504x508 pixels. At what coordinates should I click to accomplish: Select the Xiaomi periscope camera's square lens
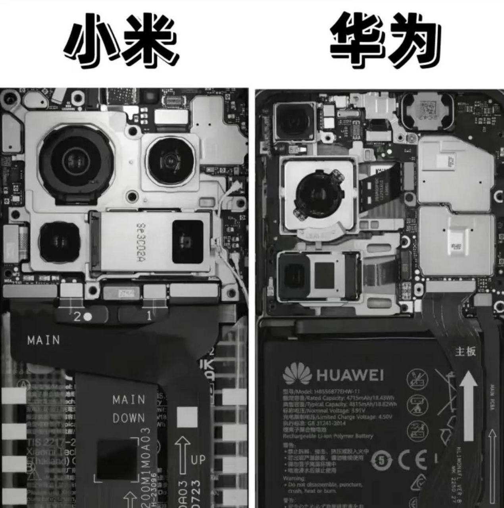click(188, 242)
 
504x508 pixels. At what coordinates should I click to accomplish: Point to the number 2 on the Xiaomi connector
click(77, 316)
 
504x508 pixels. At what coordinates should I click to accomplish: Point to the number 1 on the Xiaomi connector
click(149, 316)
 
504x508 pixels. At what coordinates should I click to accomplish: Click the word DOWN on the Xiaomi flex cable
click(129, 418)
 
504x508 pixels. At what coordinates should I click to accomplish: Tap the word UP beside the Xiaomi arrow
click(198, 460)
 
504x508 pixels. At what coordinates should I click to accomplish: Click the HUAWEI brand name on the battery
click(350, 375)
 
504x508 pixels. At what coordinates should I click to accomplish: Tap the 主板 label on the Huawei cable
click(465, 352)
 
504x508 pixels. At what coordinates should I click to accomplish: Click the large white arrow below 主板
click(469, 405)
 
